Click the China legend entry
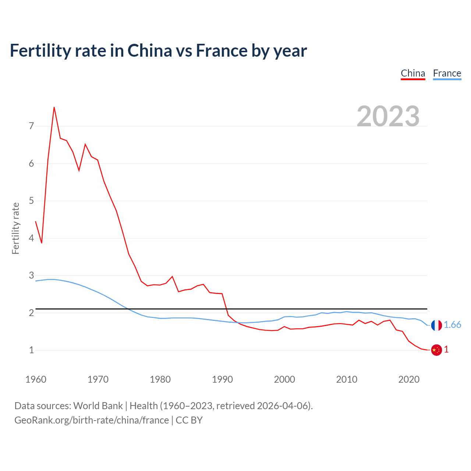(413, 74)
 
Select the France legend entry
(447, 74)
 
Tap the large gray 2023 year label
(388, 116)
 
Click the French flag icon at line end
(436, 325)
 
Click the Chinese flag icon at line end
(436, 350)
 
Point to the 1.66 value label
(452, 325)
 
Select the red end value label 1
(446, 350)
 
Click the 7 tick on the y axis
(31, 126)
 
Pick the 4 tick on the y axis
(31, 238)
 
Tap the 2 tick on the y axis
(31, 313)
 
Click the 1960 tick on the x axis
(36, 379)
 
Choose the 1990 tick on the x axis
(222, 379)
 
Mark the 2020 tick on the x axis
(409, 379)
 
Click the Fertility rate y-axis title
(15, 228)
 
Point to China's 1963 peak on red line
(54, 107)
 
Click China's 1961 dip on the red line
(42, 243)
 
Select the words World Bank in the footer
(98, 406)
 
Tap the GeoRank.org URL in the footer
(92, 420)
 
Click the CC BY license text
(189, 420)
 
